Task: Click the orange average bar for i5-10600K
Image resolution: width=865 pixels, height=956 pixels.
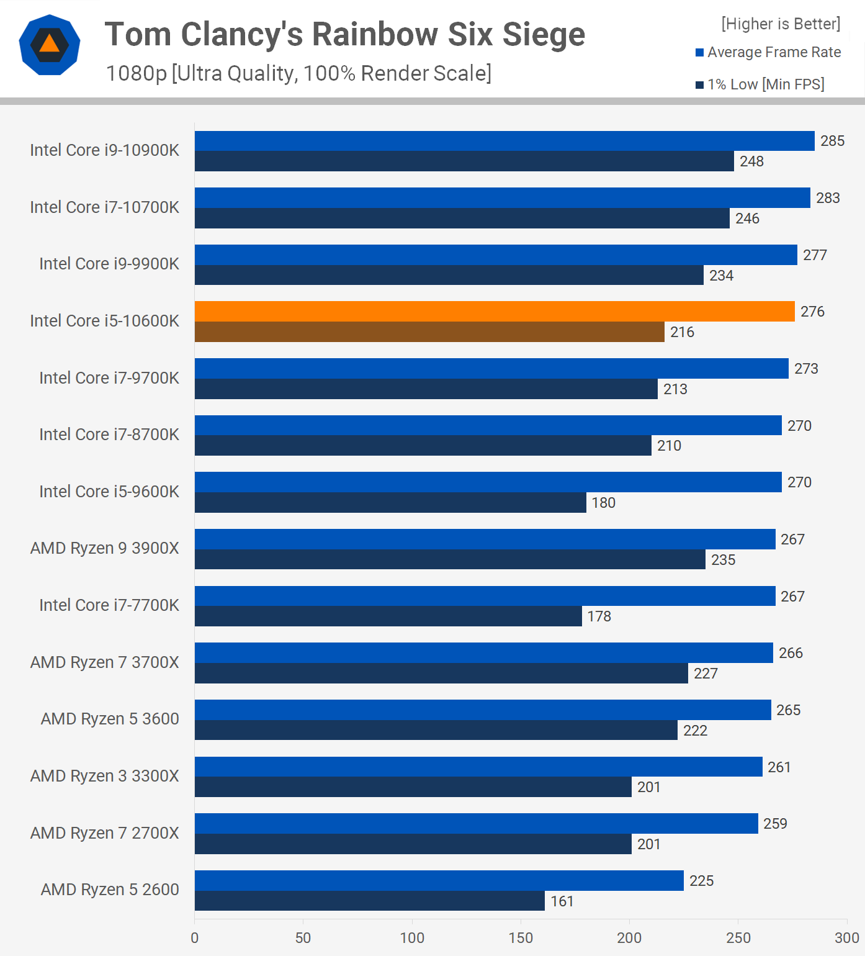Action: [x=495, y=311]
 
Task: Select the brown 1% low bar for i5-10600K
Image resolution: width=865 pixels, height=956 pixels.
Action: [x=429, y=331]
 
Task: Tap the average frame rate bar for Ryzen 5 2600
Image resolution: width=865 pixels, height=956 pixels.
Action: [x=439, y=880]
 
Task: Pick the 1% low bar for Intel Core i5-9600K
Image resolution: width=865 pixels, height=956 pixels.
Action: [x=390, y=502]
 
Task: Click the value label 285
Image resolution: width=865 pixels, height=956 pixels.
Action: [x=832, y=141]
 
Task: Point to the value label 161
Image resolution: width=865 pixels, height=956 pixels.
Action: [x=562, y=901]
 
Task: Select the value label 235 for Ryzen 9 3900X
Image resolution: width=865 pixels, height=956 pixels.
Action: [x=723, y=559]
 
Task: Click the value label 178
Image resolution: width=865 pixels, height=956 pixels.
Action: [x=599, y=616]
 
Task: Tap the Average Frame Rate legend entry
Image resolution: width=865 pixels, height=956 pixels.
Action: [x=768, y=52]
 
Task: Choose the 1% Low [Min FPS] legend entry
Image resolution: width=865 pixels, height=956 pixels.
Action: [x=760, y=84]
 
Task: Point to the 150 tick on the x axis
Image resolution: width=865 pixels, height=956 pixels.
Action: [x=521, y=937]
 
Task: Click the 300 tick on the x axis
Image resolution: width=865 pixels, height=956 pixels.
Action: [x=846, y=937]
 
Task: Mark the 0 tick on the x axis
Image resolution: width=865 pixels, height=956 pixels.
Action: [x=195, y=937]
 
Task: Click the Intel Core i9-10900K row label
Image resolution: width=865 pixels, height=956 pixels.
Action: [x=104, y=150]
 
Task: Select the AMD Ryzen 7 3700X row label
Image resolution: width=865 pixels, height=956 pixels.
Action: [x=104, y=662]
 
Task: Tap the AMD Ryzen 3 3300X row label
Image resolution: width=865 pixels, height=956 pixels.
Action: [x=104, y=776]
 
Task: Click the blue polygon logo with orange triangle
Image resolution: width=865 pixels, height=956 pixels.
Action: [x=50, y=45]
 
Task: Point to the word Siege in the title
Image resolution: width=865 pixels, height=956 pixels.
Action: [x=544, y=34]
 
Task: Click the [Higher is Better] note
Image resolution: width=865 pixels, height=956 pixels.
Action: [x=781, y=24]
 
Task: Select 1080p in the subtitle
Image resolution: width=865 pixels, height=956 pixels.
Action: [x=137, y=73]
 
